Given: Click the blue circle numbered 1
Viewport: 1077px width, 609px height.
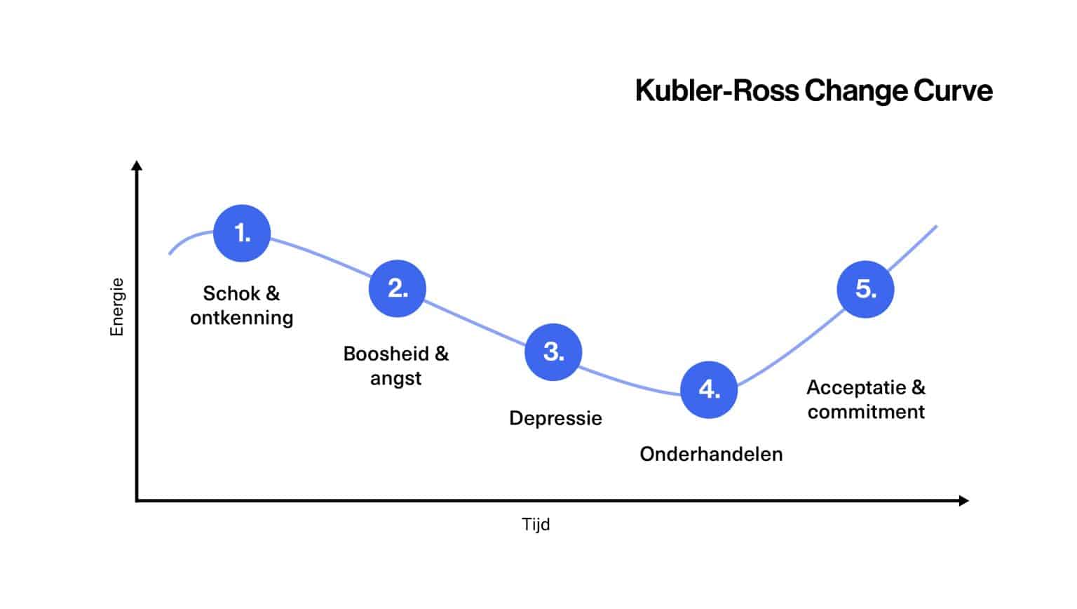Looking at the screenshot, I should click(242, 233).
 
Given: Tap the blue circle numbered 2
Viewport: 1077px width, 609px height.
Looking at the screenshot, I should click(398, 288).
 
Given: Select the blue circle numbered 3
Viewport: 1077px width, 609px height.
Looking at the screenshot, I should click(553, 352).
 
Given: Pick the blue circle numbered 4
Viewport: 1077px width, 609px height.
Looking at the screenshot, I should click(709, 389).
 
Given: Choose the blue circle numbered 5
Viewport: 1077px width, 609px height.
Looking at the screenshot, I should click(865, 289).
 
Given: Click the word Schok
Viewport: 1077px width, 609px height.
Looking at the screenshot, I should click(231, 293).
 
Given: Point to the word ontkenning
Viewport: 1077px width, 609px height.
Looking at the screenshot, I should click(242, 318).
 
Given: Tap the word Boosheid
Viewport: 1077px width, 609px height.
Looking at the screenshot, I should click(386, 354).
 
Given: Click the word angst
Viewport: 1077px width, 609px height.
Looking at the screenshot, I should click(396, 378).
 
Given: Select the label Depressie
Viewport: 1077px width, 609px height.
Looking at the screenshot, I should click(555, 419).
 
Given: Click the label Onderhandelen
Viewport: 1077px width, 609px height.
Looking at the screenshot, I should click(711, 455).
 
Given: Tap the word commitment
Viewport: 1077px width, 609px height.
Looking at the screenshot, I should click(866, 412).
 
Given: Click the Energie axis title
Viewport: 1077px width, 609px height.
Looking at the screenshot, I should click(117, 307).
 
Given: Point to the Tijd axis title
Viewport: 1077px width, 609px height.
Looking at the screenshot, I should click(536, 525).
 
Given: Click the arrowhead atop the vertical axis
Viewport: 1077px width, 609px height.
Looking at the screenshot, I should click(137, 166).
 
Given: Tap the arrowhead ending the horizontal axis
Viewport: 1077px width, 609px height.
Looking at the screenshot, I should click(964, 500).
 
